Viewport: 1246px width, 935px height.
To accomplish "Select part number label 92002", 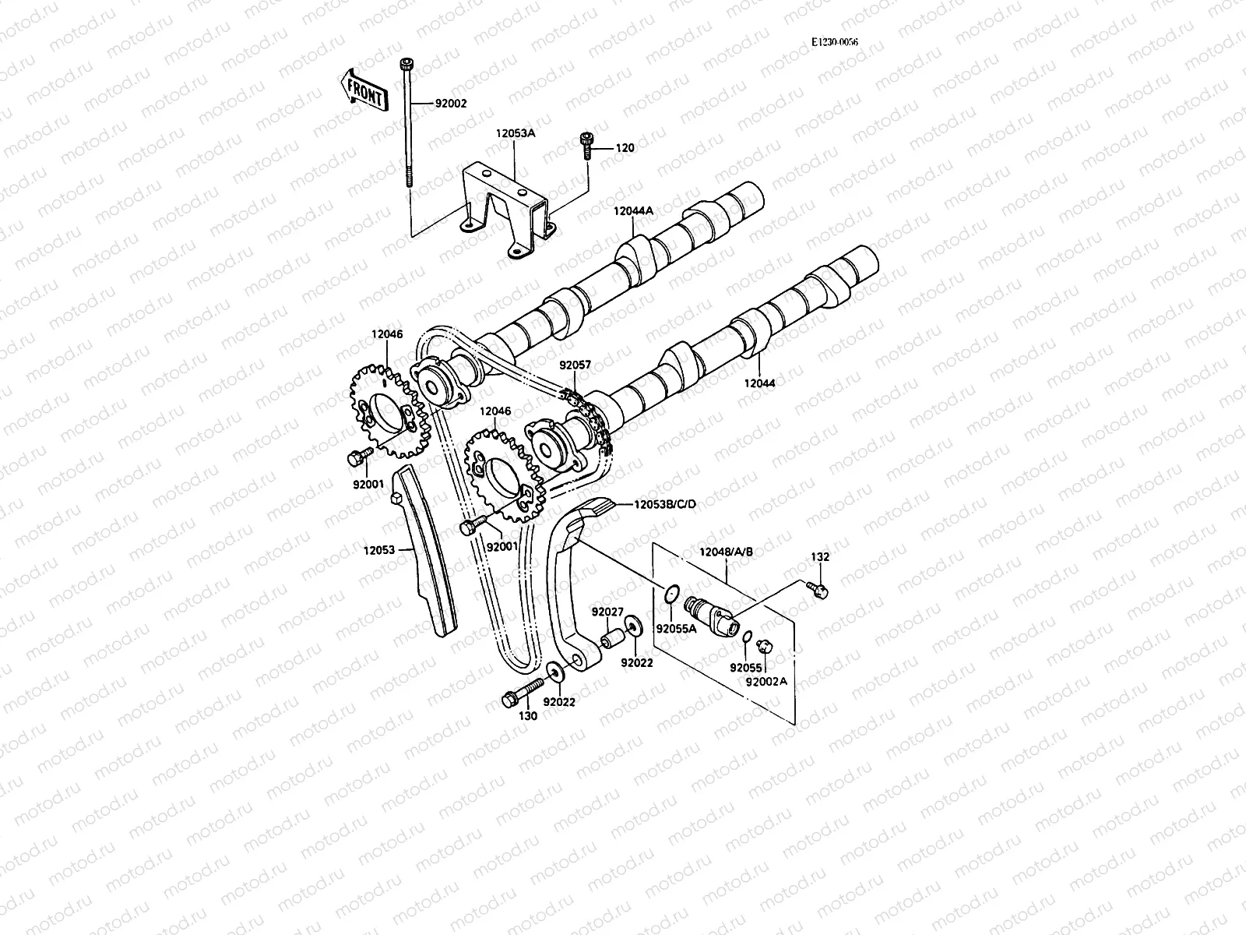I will click(x=451, y=103).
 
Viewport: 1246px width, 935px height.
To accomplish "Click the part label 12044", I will click(x=759, y=383).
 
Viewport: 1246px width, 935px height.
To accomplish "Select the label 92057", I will click(x=575, y=364).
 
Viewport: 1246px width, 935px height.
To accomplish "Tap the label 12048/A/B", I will click(x=727, y=552).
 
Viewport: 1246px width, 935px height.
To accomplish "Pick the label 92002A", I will click(x=766, y=680).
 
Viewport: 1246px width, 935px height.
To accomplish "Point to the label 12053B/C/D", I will click(x=664, y=504).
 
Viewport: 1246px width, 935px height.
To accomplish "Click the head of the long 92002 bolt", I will click(x=406, y=63).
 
